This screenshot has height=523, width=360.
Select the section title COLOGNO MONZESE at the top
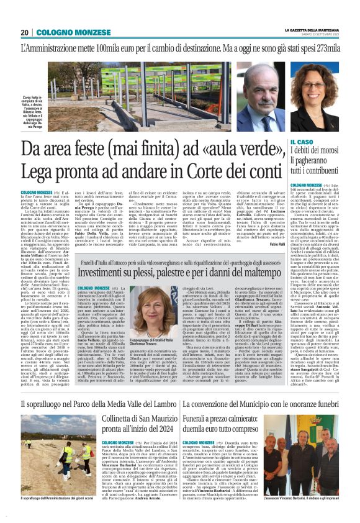[63, 33]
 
